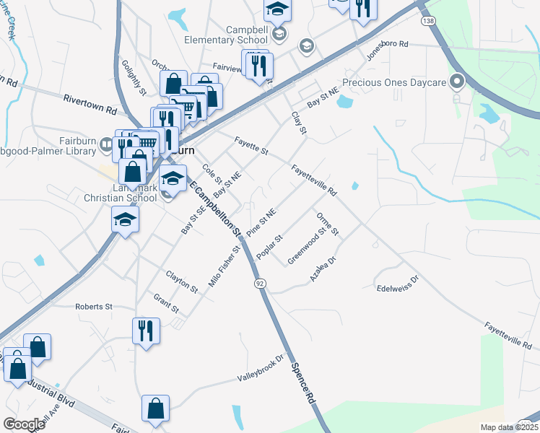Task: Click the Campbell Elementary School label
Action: (226, 34)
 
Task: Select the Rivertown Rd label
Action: (90, 104)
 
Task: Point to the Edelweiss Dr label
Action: (398, 284)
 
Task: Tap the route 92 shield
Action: (260, 284)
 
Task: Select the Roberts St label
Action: (94, 307)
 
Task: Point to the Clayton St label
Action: (181, 281)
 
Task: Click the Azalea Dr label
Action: (323, 268)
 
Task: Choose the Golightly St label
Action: (134, 77)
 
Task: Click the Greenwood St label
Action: (307, 245)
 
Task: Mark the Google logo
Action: (24, 424)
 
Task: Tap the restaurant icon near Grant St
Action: (146, 331)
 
